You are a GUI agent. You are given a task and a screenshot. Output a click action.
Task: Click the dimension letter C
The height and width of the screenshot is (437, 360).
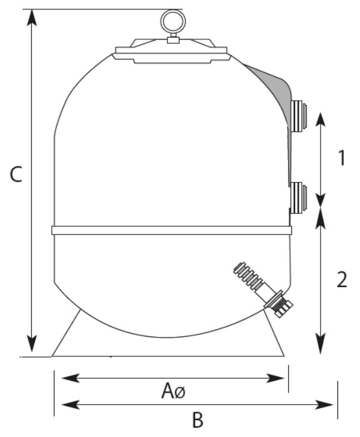[x=16, y=174]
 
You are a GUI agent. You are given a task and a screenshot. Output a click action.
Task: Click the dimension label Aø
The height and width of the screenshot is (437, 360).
[x=173, y=391]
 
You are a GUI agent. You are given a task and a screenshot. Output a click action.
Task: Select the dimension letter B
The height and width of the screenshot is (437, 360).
[x=197, y=419]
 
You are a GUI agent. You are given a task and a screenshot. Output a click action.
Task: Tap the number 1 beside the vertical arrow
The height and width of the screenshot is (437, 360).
[x=342, y=158]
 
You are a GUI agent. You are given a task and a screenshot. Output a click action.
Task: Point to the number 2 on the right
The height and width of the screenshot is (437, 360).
[x=342, y=279]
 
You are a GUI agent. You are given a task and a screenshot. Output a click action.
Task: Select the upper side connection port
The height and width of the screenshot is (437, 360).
[x=298, y=116]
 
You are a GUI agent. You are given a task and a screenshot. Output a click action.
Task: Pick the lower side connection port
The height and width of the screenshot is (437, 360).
[x=298, y=198]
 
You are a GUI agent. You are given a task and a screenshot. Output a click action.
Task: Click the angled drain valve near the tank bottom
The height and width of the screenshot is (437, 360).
[x=263, y=289]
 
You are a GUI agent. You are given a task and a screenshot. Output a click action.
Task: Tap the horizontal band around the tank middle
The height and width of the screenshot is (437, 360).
[x=172, y=230]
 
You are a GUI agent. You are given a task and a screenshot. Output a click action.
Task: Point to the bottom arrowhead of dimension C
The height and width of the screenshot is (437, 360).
[x=32, y=344]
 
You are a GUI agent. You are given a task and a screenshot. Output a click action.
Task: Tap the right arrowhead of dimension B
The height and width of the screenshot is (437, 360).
[x=324, y=404]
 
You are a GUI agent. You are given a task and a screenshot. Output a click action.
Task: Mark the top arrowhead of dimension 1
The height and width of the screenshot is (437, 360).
[x=321, y=121]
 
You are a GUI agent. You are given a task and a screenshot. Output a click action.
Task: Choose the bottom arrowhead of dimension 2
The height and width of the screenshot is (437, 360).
[x=321, y=346]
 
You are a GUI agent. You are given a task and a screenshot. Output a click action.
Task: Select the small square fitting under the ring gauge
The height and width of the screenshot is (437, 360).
[x=172, y=40]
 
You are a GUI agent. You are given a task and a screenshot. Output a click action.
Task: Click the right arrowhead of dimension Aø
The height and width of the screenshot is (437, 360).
[x=275, y=378]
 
